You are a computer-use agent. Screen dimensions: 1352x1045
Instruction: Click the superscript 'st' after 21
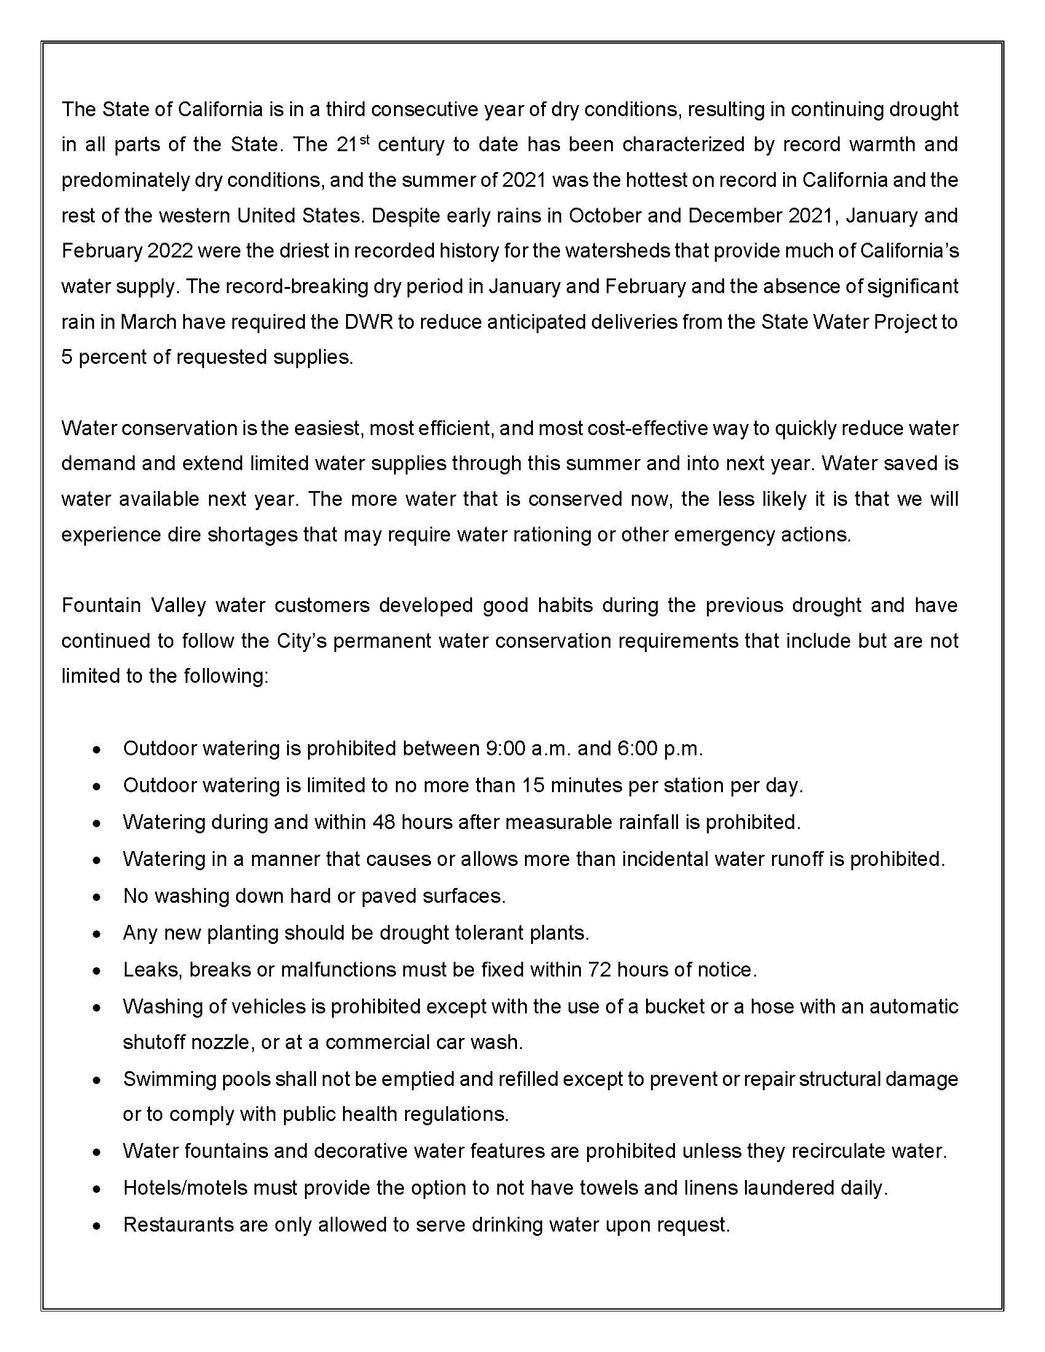[365, 140]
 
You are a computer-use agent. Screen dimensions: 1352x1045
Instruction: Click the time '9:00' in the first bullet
[502, 749]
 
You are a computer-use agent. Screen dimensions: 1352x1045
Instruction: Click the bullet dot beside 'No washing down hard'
[96, 897]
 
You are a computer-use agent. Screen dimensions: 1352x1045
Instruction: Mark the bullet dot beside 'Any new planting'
[96, 933]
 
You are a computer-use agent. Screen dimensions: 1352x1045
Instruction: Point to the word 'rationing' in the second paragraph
[549, 534]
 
